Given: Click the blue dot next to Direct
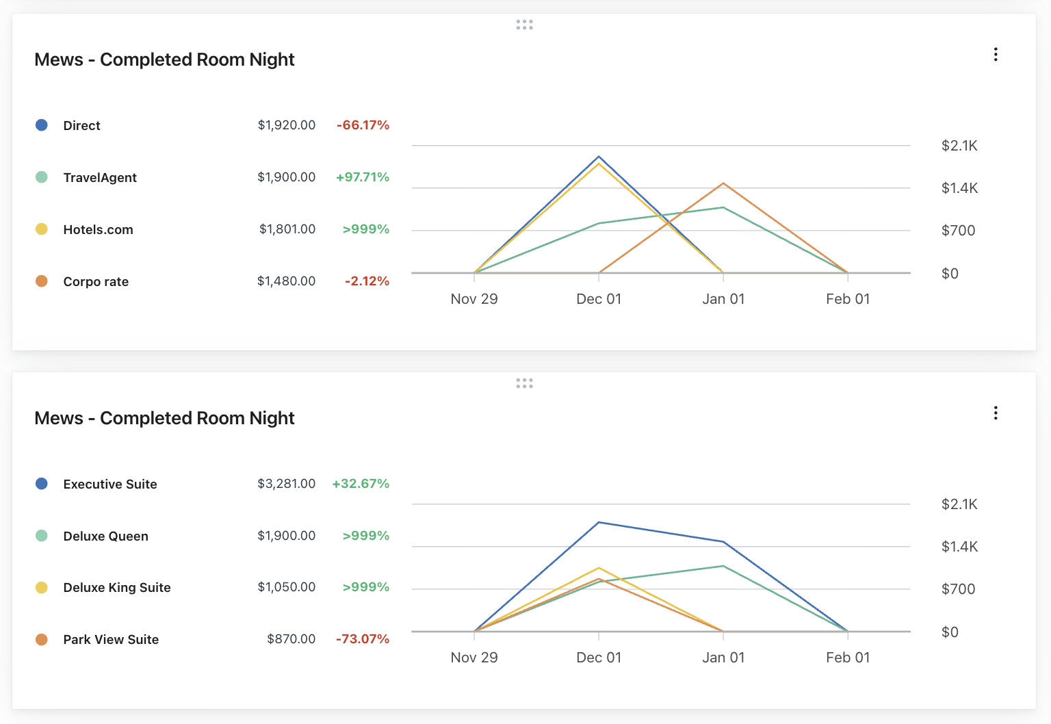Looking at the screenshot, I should (42, 125).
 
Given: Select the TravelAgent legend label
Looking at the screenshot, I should (100, 178).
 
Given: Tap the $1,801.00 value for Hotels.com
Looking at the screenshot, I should (287, 229).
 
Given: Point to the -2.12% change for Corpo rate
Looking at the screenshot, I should (367, 281).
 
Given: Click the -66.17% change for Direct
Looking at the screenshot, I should (363, 125).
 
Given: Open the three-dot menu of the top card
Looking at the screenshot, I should (996, 55).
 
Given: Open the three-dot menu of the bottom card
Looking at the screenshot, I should (996, 413).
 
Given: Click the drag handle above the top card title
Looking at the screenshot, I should (524, 25).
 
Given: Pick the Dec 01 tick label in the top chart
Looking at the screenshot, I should (599, 299).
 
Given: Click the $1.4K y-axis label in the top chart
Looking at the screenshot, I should (959, 188).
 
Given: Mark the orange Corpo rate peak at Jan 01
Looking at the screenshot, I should (723, 183).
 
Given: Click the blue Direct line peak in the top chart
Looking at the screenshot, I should (599, 157).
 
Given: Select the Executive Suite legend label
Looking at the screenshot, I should (110, 484).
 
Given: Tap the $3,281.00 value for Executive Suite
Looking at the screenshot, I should (286, 484).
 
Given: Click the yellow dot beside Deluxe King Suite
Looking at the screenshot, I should (42, 588).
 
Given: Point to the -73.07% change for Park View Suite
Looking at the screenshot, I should (363, 639).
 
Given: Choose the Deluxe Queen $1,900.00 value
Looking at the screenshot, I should (286, 536).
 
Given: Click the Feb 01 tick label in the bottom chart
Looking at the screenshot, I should (848, 658).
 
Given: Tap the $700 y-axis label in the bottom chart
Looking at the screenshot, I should (958, 589).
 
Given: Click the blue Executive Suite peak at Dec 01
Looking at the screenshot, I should (599, 523).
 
